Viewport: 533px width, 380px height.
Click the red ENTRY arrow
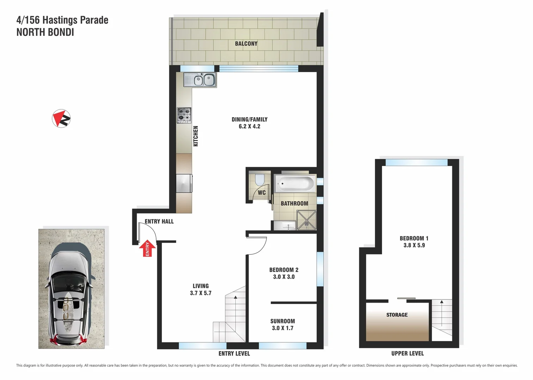click(147, 248)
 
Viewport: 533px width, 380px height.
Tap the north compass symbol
click(61, 118)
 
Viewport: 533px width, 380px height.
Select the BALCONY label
click(246, 44)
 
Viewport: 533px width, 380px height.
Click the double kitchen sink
click(200, 80)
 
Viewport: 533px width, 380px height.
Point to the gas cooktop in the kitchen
click(184, 115)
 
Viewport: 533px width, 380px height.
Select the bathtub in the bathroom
click(295, 183)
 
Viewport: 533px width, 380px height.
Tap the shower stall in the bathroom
click(306, 220)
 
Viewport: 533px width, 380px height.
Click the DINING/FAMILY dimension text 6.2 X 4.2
click(249, 126)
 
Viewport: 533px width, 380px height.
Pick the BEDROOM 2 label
click(284, 270)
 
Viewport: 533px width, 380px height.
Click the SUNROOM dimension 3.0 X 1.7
click(282, 328)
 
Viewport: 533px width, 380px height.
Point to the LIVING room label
click(201, 286)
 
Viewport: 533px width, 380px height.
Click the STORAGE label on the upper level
click(397, 315)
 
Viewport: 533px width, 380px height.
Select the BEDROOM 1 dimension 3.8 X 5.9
click(414, 245)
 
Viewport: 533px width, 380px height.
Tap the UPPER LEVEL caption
click(408, 353)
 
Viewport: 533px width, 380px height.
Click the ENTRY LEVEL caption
click(234, 353)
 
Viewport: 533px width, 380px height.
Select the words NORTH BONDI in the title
click(45, 32)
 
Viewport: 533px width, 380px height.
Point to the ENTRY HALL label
click(159, 221)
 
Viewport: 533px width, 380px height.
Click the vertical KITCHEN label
click(196, 136)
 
